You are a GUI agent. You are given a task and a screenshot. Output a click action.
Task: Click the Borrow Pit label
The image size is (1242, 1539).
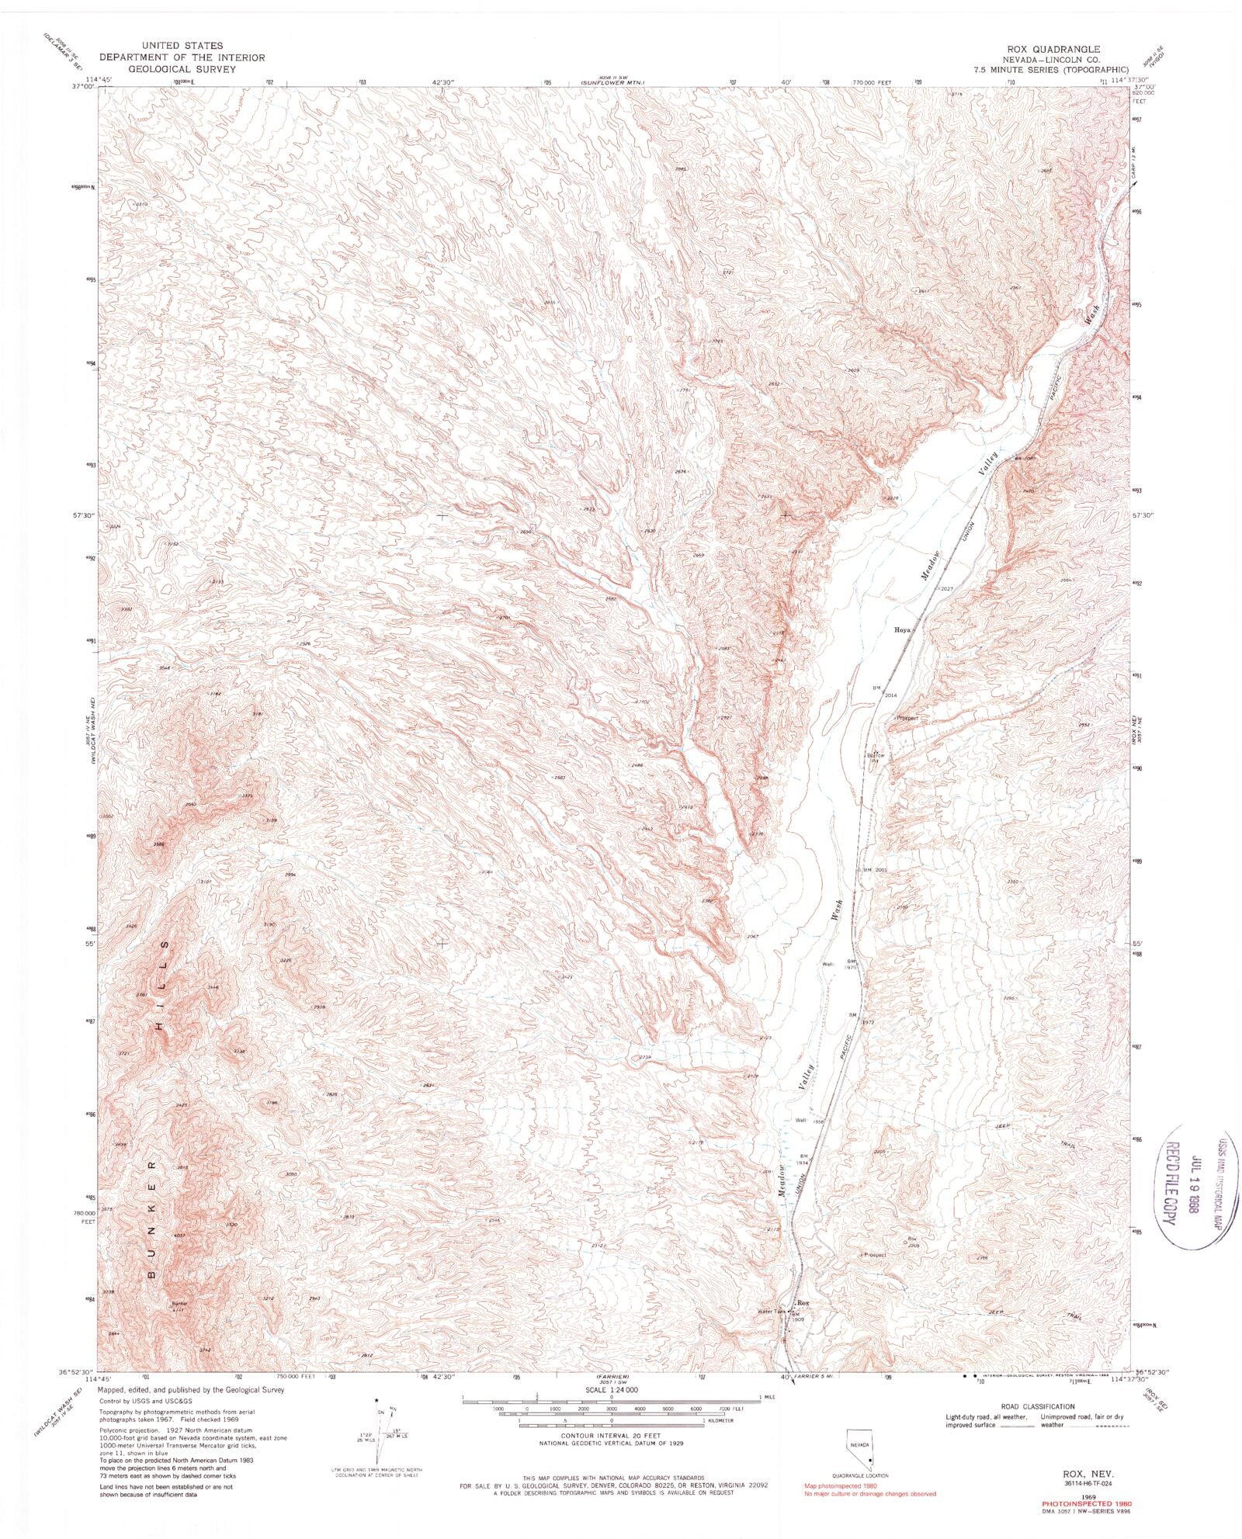tap(876, 757)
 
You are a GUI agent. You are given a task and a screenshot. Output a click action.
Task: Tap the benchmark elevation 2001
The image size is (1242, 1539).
tap(880, 870)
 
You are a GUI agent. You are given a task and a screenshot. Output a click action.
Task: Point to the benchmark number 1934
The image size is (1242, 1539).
tap(802, 1163)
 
